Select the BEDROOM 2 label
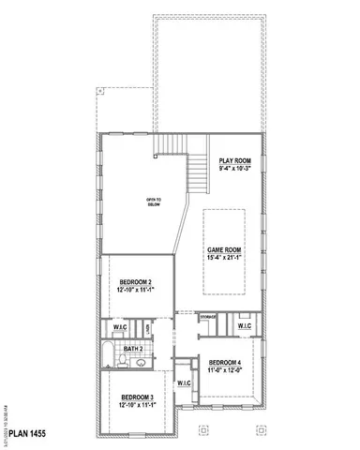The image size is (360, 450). point(136,282)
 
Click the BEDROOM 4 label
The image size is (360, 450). point(225,362)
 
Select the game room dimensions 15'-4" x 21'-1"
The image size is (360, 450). point(225,257)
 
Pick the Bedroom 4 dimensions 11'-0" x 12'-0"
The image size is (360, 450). point(225,369)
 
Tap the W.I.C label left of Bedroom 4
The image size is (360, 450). point(184,382)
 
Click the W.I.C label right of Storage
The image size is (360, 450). point(244,326)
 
